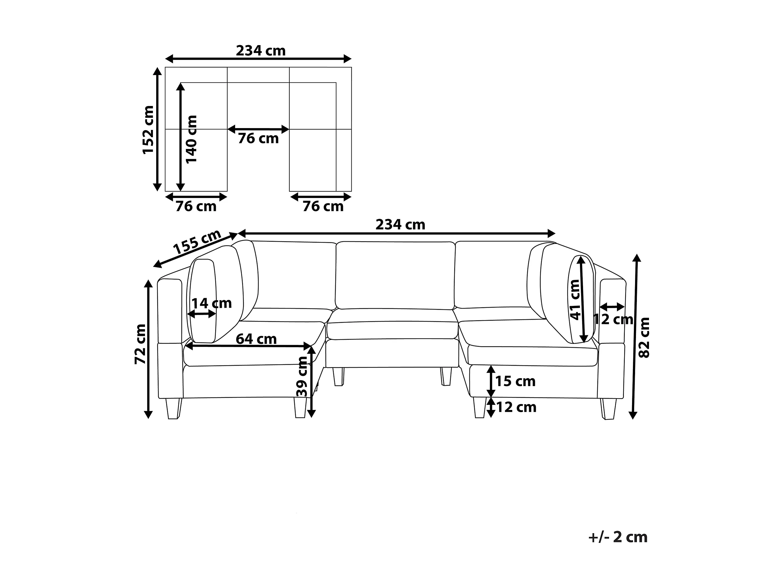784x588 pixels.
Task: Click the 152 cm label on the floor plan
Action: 148,130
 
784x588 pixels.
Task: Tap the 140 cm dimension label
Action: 191,139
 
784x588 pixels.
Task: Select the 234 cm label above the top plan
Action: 261,51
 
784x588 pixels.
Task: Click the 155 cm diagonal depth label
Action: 197,243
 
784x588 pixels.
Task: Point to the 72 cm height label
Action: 140,344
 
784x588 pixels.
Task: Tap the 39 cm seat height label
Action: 301,376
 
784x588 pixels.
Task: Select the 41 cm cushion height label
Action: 575,299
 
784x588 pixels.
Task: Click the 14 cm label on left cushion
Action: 212,303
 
